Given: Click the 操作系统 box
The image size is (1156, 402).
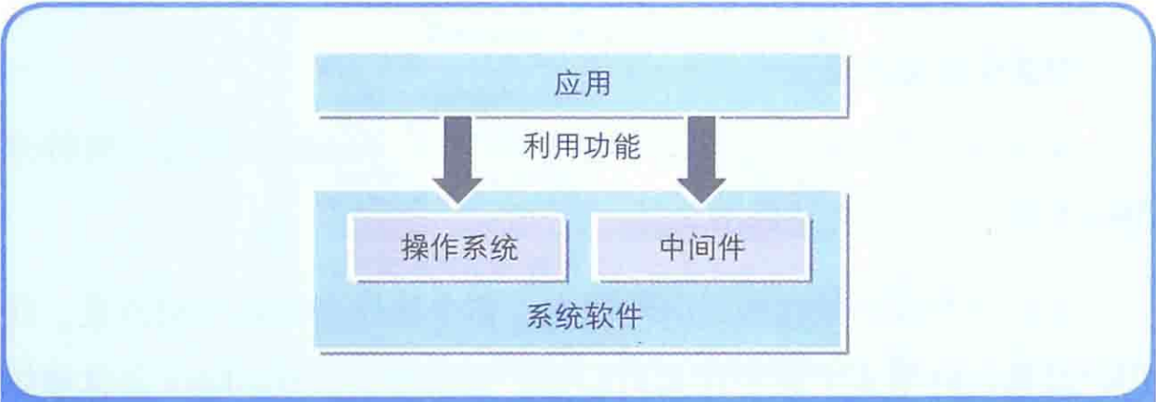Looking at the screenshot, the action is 459,248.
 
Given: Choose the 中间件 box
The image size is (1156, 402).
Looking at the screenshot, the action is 700,248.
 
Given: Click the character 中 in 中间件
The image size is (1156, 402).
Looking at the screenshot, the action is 672,248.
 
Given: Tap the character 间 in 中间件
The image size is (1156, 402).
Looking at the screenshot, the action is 700,248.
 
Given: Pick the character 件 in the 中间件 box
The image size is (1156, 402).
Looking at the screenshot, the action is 730,248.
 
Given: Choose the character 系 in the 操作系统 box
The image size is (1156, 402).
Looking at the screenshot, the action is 474,248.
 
